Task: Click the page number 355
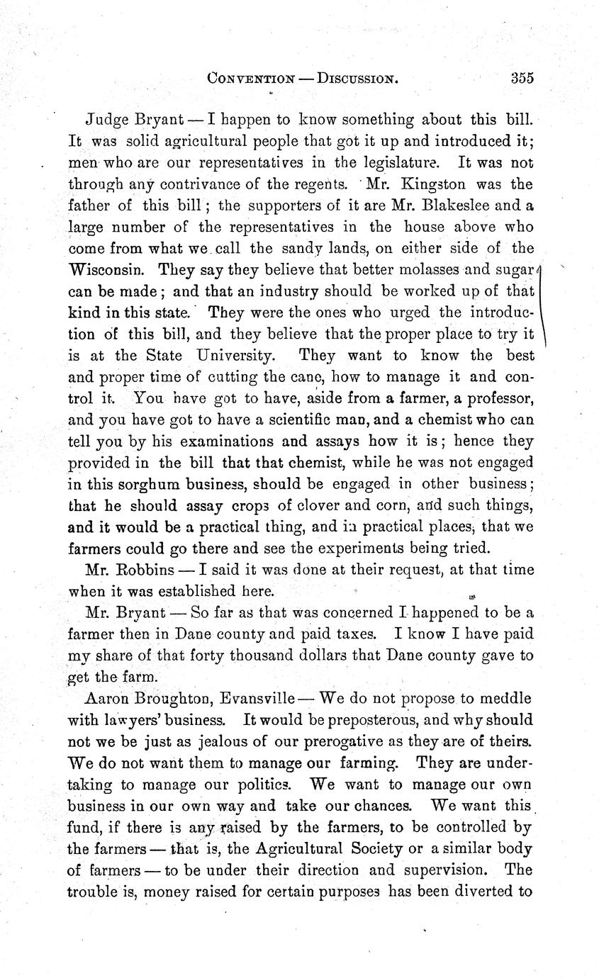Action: [x=522, y=78]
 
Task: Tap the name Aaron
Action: [x=106, y=698]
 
